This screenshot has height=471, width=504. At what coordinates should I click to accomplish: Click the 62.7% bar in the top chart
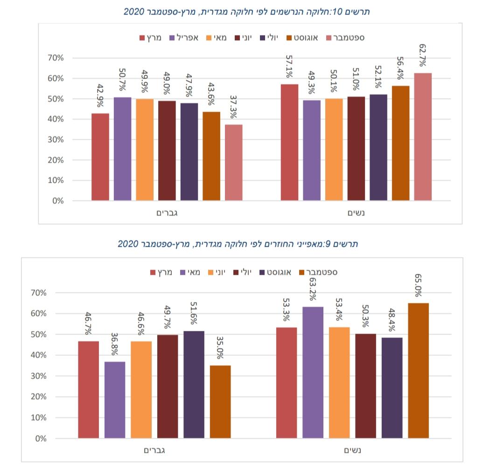tap(423, 137)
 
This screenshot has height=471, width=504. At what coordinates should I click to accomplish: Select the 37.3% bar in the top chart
tap(233, 163)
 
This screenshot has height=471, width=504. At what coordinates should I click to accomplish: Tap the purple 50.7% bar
tap(122, 149)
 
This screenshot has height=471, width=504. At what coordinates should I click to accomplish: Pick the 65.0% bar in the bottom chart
tap(418, 371)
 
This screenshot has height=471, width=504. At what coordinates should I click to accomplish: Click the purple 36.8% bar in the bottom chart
tap(115, 400)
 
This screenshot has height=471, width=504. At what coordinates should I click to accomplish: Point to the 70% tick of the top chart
tap(55, 58)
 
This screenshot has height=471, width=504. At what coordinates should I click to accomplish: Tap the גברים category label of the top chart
tap(168, 213)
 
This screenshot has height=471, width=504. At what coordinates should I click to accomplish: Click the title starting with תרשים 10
tap(246, 12)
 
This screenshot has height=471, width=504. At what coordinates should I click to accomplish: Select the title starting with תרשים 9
tap(238, 244)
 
